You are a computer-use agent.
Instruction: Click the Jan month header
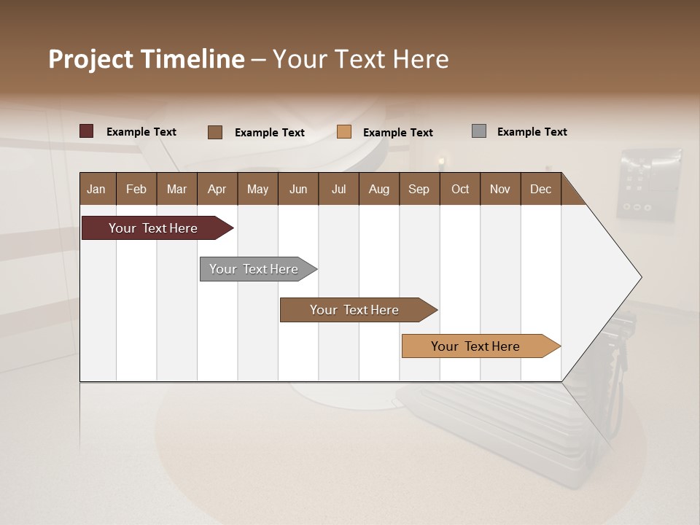point(96,189)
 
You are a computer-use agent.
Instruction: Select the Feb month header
point(136,189)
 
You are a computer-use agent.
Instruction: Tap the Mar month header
point(176,189)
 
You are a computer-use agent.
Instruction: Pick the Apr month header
point(217,189)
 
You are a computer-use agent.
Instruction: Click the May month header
point(257,189)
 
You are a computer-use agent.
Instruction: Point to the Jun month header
point(298,189)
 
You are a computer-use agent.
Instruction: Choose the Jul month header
point(338,189)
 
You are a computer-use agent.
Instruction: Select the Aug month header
point(378,189)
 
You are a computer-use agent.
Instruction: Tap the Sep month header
point(419,189)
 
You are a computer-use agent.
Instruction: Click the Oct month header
point(460,189)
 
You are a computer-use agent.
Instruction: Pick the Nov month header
point(500,189)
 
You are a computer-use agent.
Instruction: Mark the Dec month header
point(540,189)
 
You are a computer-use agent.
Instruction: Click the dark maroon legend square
point(87,131)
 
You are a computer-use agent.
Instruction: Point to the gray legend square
point(479,131)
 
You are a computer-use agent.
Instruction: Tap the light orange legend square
point(344,132)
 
